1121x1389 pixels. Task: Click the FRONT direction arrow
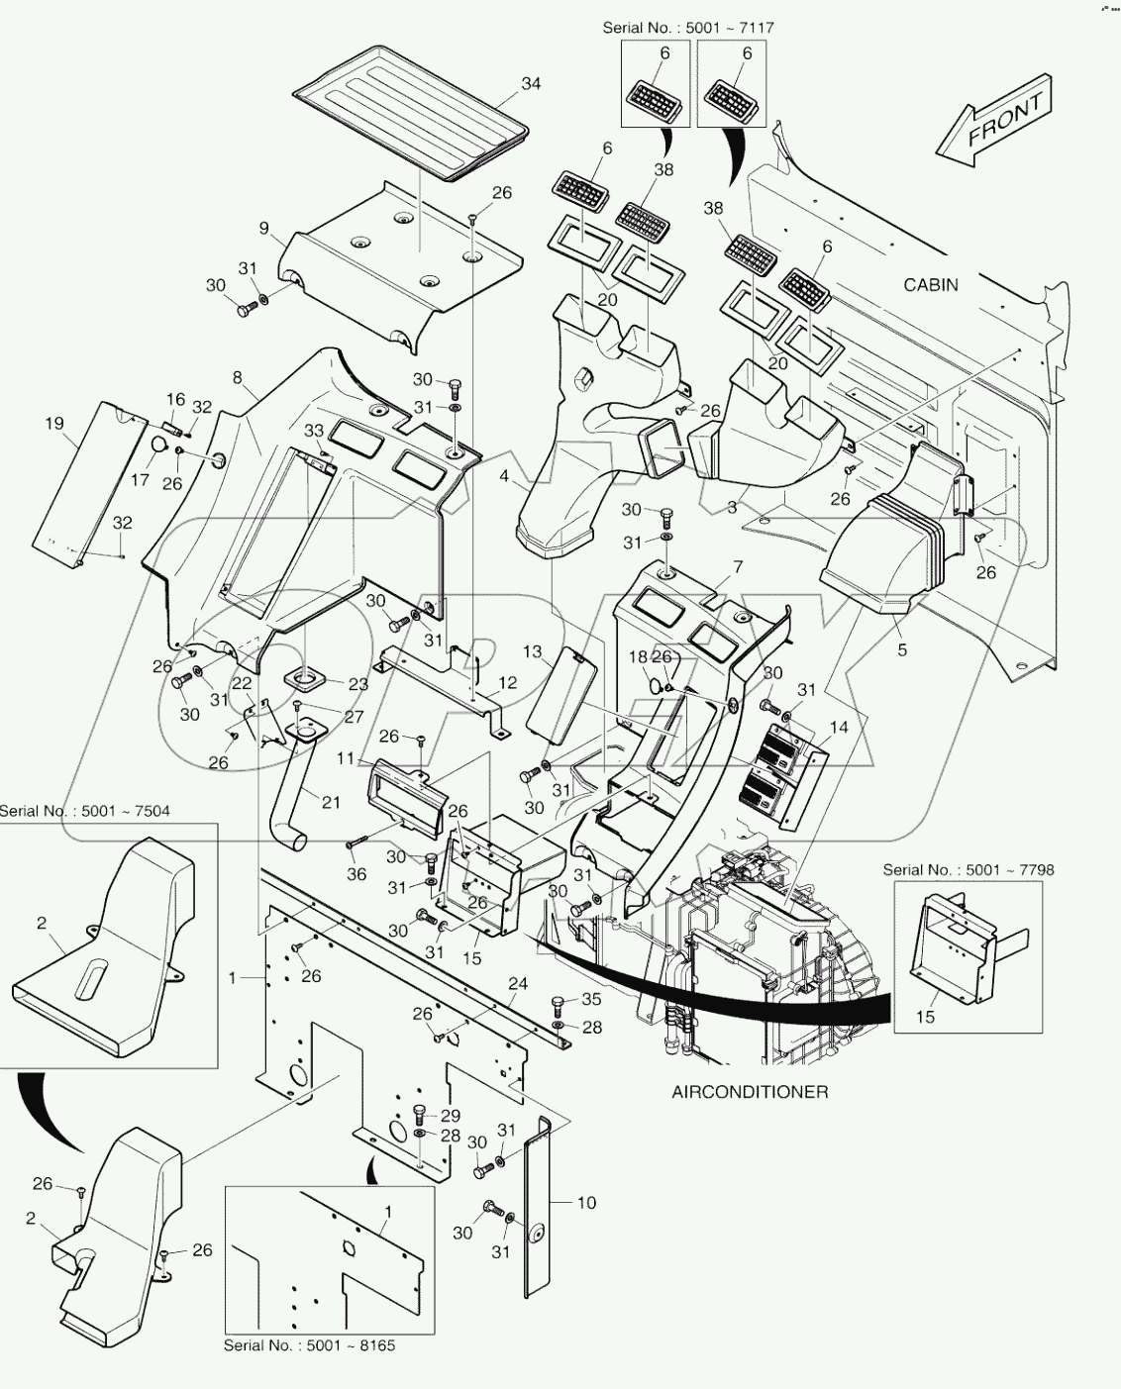coord(993,121)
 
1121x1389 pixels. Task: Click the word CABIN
coord(931,285)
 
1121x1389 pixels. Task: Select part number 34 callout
coord(531,83)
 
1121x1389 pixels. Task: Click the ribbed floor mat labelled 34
coord(411,112)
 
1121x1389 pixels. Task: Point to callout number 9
coord(264,228)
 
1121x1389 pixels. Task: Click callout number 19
coord(54,424)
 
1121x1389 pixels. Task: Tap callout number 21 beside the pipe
coord(331,802)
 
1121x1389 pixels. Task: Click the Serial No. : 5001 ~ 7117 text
coord(687,28)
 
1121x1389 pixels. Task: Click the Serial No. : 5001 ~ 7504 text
coord(84,811)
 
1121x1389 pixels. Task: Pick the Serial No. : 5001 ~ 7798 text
coord(968,869)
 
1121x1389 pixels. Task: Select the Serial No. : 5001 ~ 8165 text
coord(309,1345)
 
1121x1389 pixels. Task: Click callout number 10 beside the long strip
coord(586,1203)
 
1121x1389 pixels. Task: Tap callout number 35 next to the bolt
coord(591,999)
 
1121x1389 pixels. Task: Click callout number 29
coord(450,1116)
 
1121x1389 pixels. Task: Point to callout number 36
coord(357,874)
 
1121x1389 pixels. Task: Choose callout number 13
coord(532,651)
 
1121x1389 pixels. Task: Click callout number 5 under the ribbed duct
coord(902,650)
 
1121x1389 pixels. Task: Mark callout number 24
coord(518,983)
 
